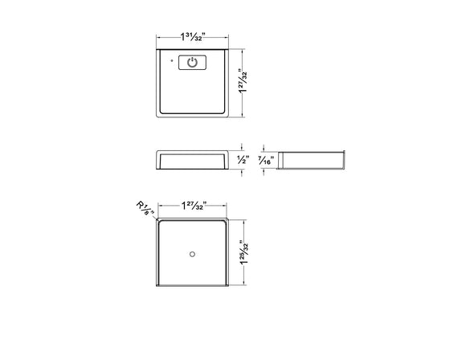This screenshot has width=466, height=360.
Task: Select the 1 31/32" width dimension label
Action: [x=194, y=36]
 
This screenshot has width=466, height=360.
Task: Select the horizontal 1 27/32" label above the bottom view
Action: [x=194, y=205]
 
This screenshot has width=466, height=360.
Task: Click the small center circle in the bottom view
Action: [x=193, y=255]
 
